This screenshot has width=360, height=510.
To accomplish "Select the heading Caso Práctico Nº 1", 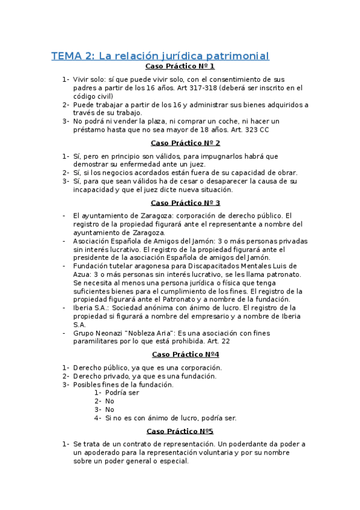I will (180, 66).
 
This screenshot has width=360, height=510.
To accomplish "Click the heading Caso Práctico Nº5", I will (180, 431).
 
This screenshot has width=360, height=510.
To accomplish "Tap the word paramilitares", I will (96, 341).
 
